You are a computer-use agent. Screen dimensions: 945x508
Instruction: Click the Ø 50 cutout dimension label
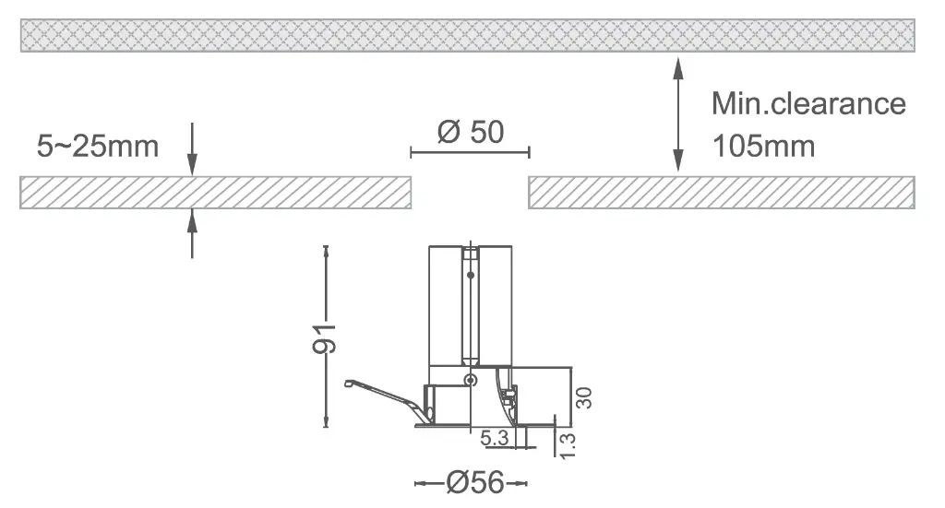pyautogui.click(x=470, y=132)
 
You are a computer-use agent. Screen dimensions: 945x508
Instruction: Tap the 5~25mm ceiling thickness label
pyautogui.click(x=98, y=147)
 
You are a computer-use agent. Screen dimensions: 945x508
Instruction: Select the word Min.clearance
pyautogui.click(x=808, y=103)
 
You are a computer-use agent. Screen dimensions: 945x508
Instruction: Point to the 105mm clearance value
pyautogui.click(x=763, y=147)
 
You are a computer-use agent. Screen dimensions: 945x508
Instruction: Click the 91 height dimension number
pyautogui.click(x=324, y=338)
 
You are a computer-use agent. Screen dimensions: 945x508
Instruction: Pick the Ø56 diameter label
pyautogui.click(x=475, y=483)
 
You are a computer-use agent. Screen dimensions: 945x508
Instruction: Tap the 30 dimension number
pyautogui.click(x=583, y=398)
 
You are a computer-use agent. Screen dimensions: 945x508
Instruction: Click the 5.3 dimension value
pyautogui.click(x=495, y=438)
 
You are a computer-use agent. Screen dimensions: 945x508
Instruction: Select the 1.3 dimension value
pyautogui.click(x=568, y=445)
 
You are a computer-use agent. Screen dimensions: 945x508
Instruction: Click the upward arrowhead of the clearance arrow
pyautogui.click(x=678, y=67)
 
